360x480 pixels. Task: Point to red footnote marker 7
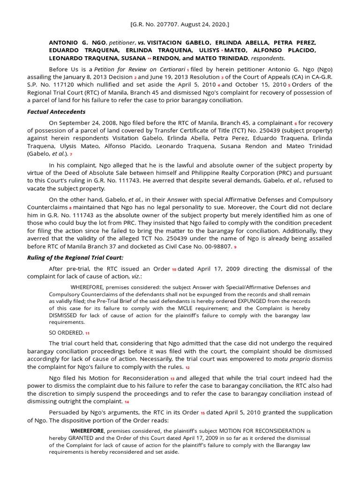click(x=71, y=154)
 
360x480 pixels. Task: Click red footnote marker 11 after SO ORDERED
click(x=87, y=333)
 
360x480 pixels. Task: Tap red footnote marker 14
click(x=127, y=402)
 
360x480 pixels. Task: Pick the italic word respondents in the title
click(x=267, y=58)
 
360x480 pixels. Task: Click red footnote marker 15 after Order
click(x=203, y=414)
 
